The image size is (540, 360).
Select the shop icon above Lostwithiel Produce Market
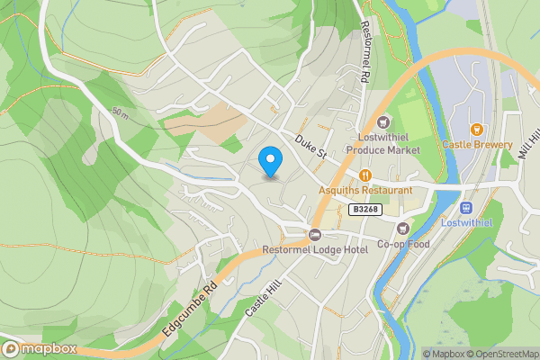[x=384, y=122]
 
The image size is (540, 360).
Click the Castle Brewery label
[x=477, y=144]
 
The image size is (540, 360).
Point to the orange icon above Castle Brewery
[x=477, y=129]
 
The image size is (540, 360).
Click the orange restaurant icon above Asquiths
[x=364, y=175]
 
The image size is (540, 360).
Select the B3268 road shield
[x=364, y=209]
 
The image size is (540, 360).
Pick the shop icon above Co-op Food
[x=401, y=229]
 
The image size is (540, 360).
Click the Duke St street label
[x=310, y=148]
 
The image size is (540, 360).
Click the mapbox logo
[x=38, y=348]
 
